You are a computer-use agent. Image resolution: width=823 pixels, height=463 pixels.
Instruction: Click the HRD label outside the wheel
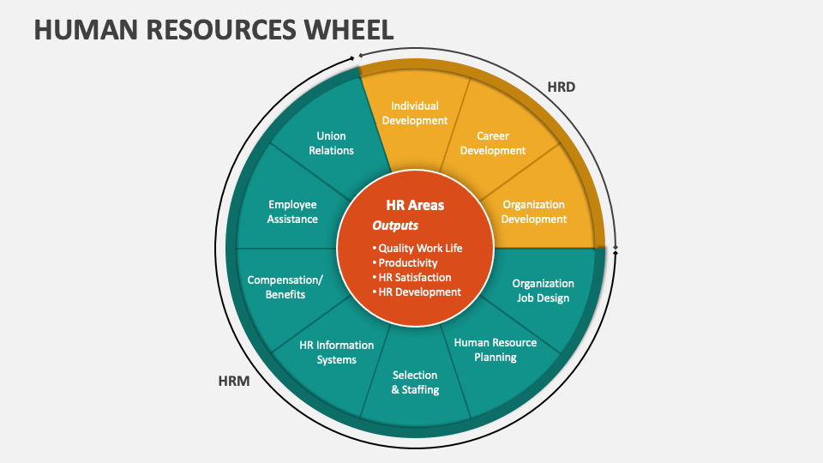click(561, 87)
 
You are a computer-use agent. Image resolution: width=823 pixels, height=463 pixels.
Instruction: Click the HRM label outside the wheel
click(233, 382)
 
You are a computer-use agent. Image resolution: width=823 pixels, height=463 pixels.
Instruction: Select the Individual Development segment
click(415, 113)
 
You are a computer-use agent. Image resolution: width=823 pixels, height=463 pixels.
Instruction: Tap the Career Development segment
click(492, 143)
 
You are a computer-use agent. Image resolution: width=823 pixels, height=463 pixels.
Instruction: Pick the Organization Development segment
click(533, 212)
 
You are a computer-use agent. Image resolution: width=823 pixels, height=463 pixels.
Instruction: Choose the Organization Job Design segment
click(543, 291)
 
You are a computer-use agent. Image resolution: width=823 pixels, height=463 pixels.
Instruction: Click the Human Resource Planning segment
click(495, 349)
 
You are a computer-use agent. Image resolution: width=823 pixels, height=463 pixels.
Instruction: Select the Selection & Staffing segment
click(415, 382)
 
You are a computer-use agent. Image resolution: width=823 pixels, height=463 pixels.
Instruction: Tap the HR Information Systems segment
click(336, 352)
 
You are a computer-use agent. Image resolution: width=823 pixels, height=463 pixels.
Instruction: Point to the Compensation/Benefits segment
click(285, 287)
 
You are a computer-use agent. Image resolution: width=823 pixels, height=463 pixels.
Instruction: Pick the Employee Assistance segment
click(292, 212)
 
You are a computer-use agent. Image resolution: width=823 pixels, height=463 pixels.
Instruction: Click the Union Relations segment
click(331, 143)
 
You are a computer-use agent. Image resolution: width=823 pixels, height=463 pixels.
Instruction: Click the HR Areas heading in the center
click(415, 206)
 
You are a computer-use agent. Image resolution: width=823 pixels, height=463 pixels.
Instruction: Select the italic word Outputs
click(395, 225)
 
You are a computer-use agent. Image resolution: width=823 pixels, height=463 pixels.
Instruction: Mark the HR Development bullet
click(418, 292)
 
